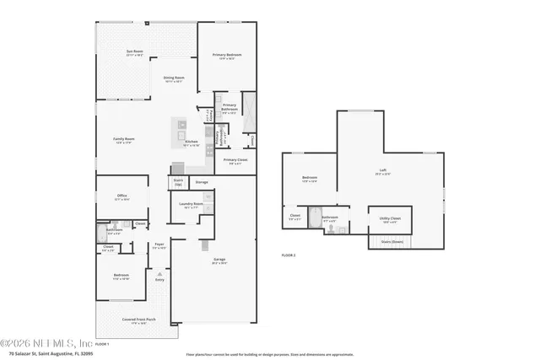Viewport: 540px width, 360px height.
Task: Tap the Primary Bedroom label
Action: pos(227,56)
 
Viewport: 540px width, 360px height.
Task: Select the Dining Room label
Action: pos(174,79)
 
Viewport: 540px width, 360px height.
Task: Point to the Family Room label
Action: pos(125,140)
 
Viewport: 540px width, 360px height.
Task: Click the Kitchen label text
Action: pos(192,142)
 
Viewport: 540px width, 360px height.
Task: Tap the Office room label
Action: pos(122,196)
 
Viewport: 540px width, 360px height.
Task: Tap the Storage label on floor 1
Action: pos(202,181)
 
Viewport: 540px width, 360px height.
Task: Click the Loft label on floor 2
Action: pos(382,171)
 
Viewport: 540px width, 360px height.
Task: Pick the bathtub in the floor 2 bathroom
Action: pos(316,214)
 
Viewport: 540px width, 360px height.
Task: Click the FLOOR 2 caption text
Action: pos(289,255)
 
